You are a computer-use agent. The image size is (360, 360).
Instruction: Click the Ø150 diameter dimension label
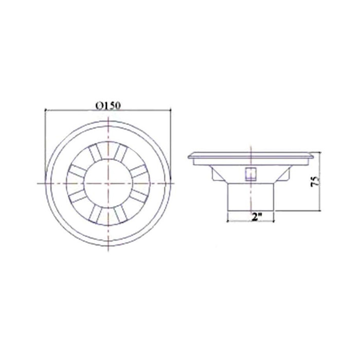[x=108, y=106]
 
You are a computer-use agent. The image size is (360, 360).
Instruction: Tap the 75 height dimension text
[x=315, y=182]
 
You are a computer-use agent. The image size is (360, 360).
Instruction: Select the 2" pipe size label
[x=256, y=217]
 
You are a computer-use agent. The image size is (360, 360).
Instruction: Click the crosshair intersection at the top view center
[x=109, y=183]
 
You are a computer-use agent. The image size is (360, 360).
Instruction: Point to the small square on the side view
[x=251, y=174]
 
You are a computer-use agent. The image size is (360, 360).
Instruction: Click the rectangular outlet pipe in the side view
[x=251, y=197]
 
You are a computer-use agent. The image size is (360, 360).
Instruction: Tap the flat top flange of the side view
[x=251, y=155]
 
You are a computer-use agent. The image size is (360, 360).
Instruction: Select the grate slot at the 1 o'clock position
[x=121, y=153]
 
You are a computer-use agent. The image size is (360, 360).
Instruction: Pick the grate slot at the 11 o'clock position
[x=96, y=153]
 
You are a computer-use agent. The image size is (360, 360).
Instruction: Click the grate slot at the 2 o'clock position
[x=139, y=171]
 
